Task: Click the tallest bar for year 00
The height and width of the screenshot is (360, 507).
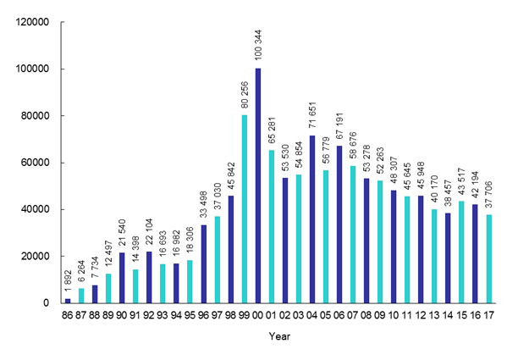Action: tap(258, 186)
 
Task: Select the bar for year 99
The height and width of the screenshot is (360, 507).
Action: tap(245, 209)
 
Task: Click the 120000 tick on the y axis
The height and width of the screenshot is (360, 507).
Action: tap(37, 22)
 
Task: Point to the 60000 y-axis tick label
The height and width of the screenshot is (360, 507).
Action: tap(40, 163)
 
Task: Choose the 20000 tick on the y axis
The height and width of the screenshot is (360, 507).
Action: tap(40, 257)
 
